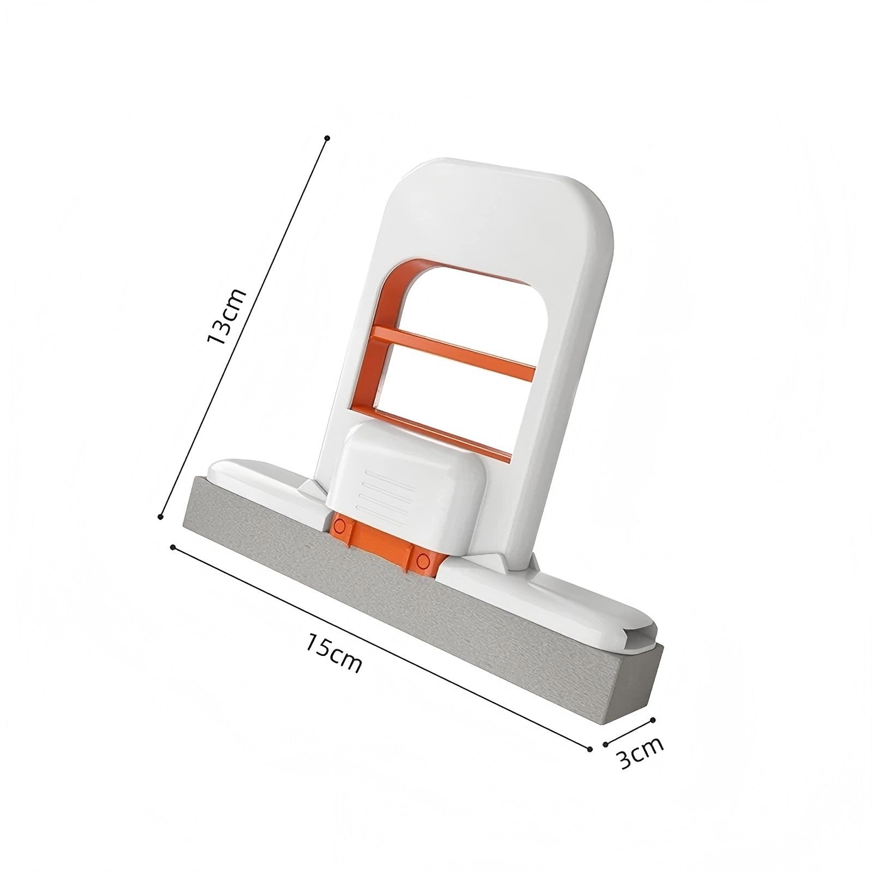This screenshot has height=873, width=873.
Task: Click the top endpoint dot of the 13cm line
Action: (x=327, y=138)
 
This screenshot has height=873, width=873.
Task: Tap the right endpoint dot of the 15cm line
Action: (x=590, y=749)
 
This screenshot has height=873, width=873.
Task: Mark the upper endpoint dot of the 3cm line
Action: (x=653, y=720)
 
